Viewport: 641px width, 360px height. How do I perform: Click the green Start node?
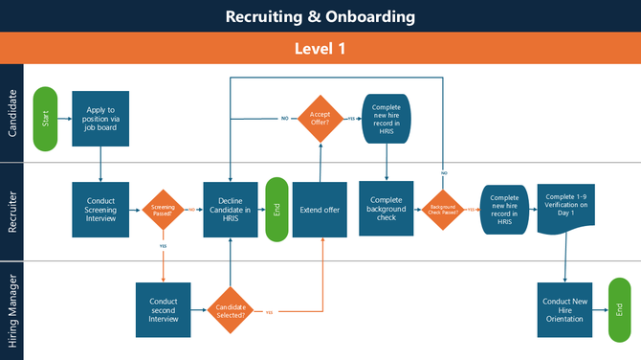click(x=45, y=119)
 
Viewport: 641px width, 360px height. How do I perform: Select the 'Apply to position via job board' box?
click(x=100, y=119)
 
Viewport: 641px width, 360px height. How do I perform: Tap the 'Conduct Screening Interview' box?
click(x=100, y=209)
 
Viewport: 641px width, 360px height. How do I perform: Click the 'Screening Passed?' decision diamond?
click(x=164, y=209)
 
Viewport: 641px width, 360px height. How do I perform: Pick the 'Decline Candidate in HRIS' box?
click(x=230, y=209)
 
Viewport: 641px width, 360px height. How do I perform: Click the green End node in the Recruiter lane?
click(x=276, y=209)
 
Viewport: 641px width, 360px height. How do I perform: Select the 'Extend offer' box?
click(x=320, y=209)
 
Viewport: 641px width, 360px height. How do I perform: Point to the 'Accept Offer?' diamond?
click(x=321, y=119)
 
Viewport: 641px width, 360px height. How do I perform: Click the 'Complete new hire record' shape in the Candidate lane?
click(x=387, y=119)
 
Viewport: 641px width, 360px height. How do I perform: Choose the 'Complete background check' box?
click(x=387, y=209)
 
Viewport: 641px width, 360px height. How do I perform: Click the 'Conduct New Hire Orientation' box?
click(x=566, y=309)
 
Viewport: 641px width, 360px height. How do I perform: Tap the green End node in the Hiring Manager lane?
click(x=620, y=309)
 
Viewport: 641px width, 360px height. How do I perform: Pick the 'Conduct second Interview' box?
click(x=164, y=309)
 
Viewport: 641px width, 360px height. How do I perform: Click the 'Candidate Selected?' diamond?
click(x=231, y=309)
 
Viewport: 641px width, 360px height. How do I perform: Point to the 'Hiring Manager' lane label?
click(x=12, y=309)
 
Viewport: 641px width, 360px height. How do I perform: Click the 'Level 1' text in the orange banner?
click(x=320, y=47)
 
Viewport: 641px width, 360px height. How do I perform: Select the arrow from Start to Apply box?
click(x=64, y=119)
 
